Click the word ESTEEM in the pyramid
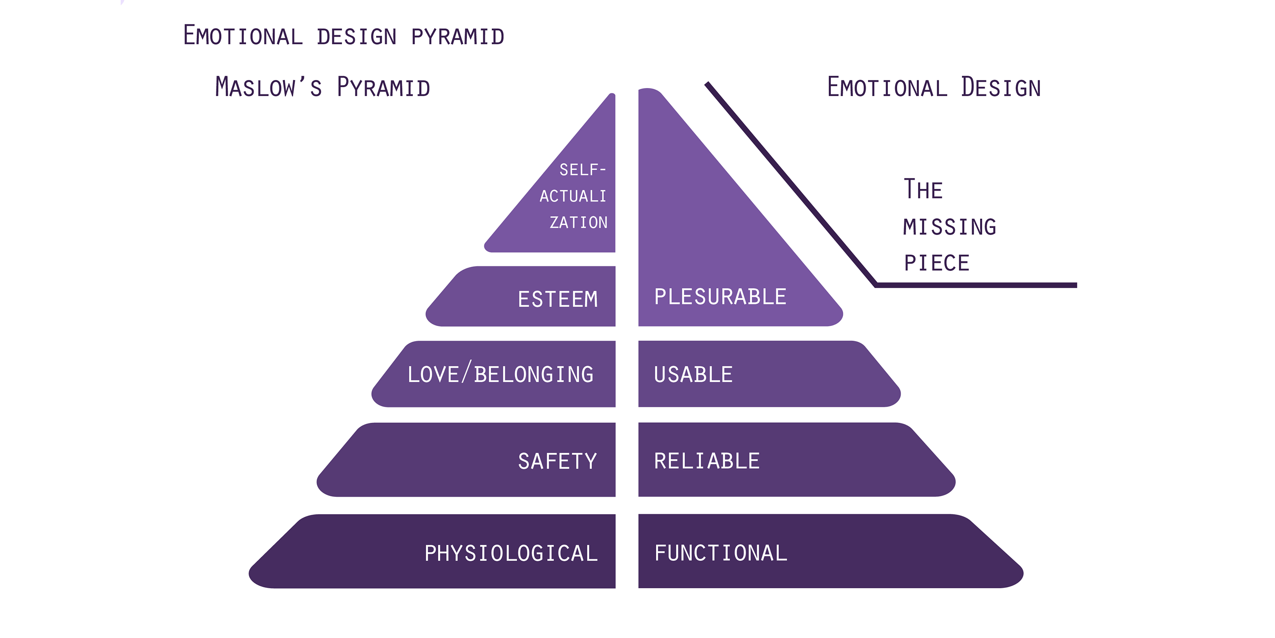pyautogui.click(x=558, y=299)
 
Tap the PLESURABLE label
pyautogui.click(x=720, y=297)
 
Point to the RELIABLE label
pyautogui.click(x=707, y=461)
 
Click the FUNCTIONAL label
pyautogui.click(x=721, y=553)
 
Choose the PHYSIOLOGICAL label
pyautogui.click(x=511, y=553)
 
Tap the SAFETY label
pyautogui.click(x=557, y=461)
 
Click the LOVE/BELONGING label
pyautogui.click(x=500, y=374)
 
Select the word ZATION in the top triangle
pyautogui.click(x=578, y=222)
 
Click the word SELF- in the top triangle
pyautogui.click(x=583, y=170)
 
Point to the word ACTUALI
pyautogui.click(x=573, y=196)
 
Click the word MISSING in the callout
pyautogui.click(x=949, y=227)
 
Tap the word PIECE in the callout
pyautogui.click(x=936, y=263)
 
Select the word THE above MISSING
pyautogui.click(x=923, y=189)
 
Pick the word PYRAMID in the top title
pyautogui.click(x=457, y=37)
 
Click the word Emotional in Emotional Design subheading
pyautogui.click(x=887, y=87)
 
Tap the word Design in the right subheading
pyautogui.click(x=1001, y=87)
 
